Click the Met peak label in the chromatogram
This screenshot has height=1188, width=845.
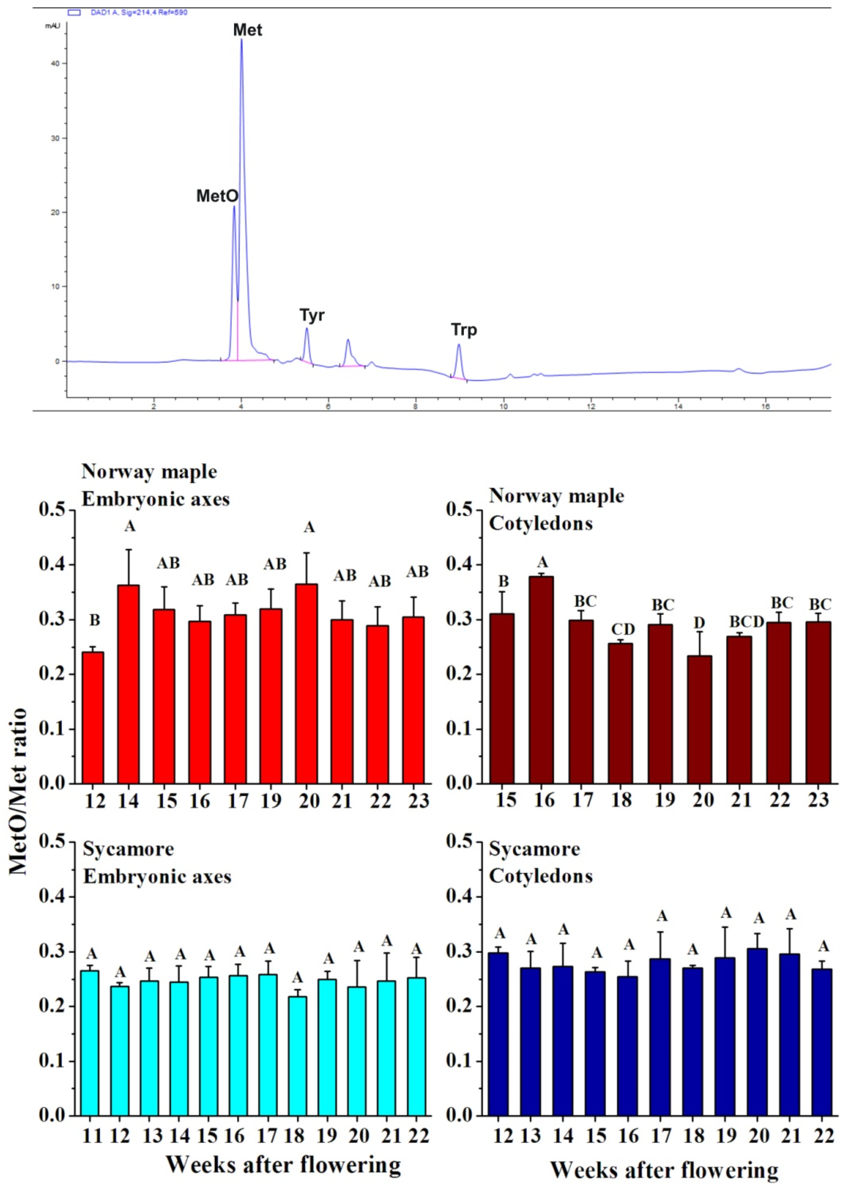pos(248,30)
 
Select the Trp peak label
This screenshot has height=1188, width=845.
pos(464,330)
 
